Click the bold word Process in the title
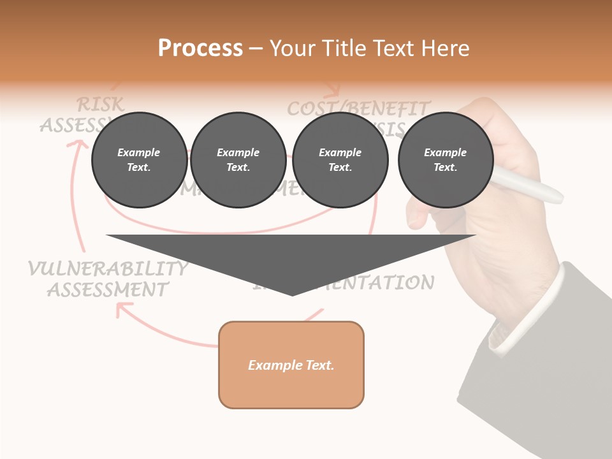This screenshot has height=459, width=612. pyautogui.click(x=200, y=48)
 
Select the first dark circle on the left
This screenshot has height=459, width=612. pyautogui.click(x=139, y=160)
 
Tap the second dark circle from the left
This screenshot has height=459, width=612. pyautogui.click(x=238, y=160)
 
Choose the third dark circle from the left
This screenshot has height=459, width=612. pyautogui.click(x=340, y=160)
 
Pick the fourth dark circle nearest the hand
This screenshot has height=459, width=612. pyautogui.click(x=445, y=160)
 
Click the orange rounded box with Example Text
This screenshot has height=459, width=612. pyautogui.click(x=291, y=365)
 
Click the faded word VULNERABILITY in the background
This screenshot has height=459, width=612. pyautogui.click(x=108, y=268)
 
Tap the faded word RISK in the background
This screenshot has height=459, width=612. pyautogui.click(x=100, y=104)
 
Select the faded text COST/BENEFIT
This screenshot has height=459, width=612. pyautogui.click(x=359, y=108)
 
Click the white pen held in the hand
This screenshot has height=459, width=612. pyautogui.click(x=529, y=185)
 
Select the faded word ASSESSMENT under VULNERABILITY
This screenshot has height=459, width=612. pyautogui.click(x=108, y=289)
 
